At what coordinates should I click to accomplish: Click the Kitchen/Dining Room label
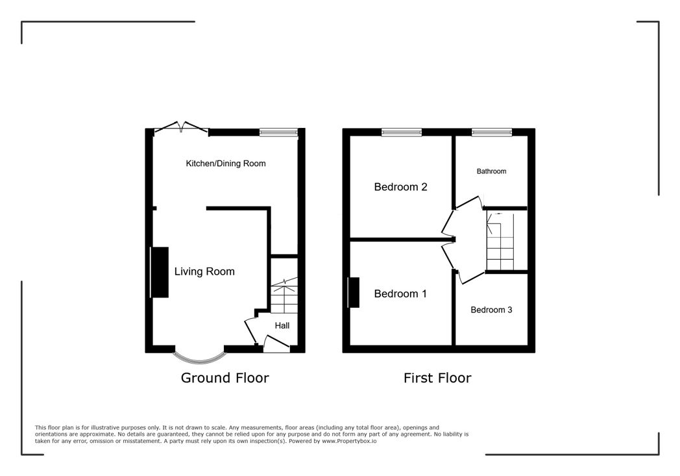tap(226, 164)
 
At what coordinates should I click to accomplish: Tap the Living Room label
tap(204, 271)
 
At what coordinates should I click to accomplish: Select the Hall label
tap(282, 325)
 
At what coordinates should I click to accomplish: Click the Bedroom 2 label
tap(400, 187)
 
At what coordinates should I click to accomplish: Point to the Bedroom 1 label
tap(400, 294)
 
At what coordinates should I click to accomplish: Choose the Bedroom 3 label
tap(491, 310)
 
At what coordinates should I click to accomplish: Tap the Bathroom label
tap(491, 171)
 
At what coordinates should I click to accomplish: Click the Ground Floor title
tap(225, 378)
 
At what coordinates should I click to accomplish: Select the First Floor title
tap(437, 378)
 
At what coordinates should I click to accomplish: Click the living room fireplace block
tap(160, 273)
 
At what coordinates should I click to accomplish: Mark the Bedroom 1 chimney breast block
tap(354, 292)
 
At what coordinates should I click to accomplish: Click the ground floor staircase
tap(284, 295)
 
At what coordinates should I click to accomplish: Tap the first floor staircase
tap(500, 242)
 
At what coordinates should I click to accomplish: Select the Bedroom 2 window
tap(402, 132)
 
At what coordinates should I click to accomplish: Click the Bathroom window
tap(492, 132)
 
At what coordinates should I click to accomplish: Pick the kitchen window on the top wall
tap(279, 132)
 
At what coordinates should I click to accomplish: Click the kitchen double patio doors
tap(182, 127)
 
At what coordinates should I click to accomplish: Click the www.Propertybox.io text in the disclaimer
tap(349, 441)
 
